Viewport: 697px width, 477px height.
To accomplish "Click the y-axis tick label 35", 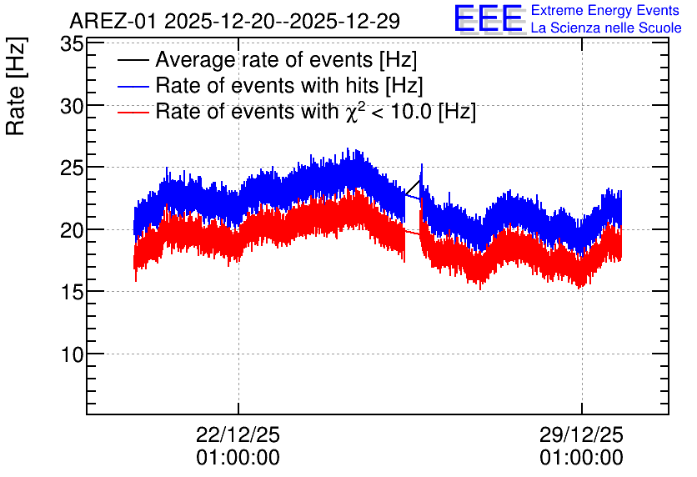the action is (72, 44).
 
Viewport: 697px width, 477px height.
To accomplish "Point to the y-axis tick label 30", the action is (72, 107).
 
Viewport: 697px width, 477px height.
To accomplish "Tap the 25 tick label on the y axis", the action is (72, 168).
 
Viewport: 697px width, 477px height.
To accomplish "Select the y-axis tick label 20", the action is (72, 231).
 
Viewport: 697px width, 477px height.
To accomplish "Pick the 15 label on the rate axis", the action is (72, 293).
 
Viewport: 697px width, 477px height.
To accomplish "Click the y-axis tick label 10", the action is (72, 354).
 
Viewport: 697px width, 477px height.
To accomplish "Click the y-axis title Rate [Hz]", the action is (16, 86).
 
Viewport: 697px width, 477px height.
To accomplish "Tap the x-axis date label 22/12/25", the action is (238, 434).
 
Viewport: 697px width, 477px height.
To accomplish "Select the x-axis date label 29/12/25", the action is (581, 434).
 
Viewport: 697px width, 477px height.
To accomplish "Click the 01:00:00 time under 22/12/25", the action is (238, 458).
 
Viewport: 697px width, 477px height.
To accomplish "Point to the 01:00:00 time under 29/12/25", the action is (581, 458).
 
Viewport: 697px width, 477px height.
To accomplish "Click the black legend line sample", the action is (133, 60).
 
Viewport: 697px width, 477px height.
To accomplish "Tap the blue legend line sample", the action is (133, 86).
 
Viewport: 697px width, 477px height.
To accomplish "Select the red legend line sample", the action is (133, 112).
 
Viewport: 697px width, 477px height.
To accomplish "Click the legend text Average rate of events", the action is (264, 60).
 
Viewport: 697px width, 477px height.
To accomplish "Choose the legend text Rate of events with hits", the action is (267, 86).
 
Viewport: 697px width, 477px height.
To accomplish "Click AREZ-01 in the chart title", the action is (113, 21).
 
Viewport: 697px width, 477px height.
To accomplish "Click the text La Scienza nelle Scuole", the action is (606, 28).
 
